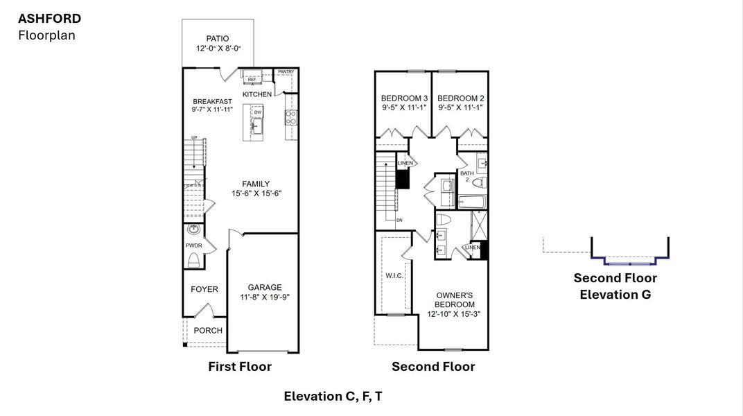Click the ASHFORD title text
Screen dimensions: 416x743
[49, 18]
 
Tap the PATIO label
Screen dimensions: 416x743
[218, 39]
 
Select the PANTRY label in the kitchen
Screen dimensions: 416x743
[286, 71]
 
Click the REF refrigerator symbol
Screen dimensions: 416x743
[251, 80]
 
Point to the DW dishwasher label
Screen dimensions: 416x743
[257, 112]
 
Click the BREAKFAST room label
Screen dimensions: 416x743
[212, 101]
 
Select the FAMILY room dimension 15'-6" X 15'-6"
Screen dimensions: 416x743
[256, 193]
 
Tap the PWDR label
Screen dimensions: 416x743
[193, 245]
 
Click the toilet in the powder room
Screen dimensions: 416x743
[194, 260]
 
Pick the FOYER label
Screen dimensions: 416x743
[204, 289]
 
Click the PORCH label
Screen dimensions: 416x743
[208, 330]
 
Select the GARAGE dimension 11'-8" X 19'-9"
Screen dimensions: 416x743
[265, 297]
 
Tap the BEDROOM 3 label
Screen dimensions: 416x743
[403, 98]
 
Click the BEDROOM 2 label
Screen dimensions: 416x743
[460, 98]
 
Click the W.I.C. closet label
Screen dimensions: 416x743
[394, 275]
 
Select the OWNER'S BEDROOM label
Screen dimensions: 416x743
[454, 300]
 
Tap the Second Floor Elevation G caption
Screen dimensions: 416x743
[615, 286]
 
